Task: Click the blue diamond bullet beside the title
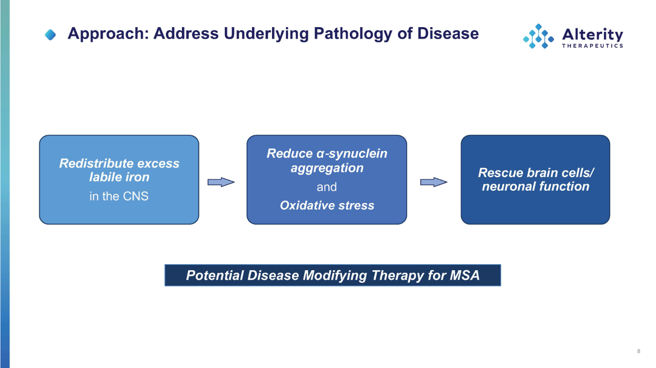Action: click(x=50, y=35)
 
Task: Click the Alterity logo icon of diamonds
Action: click(x=538, y=36)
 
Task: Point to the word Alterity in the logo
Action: click(x=593, y=35)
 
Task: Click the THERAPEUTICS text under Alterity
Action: click(x=593, y=46)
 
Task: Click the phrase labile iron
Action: click(x=119, y=177)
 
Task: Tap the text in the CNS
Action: click(x=119, y=196)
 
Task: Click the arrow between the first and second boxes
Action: click(x=221, y=182)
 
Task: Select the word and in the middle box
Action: click(x=327, y=187)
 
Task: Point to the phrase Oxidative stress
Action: click(x=327, y=206)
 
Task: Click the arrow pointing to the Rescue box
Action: click(x=434, y=182)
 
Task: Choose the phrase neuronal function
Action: click(x=535, y=186)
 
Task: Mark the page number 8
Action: click(x=639, y=351)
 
